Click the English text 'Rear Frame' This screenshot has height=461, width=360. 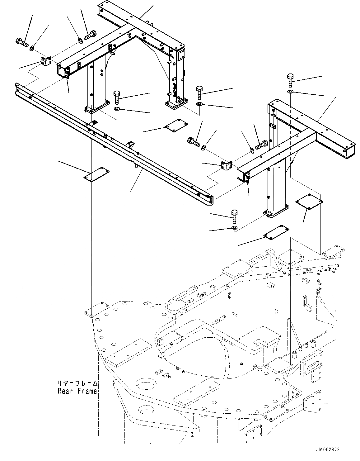pyautogui.click(x=77, y=391)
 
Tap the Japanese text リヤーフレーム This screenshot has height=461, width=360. pyautogui.click(x=77, y=383)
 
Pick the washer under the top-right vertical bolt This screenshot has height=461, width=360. pyautogui.click(x=290, y=92)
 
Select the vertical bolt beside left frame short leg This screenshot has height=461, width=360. pyautogui.click(x=117, y=97)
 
